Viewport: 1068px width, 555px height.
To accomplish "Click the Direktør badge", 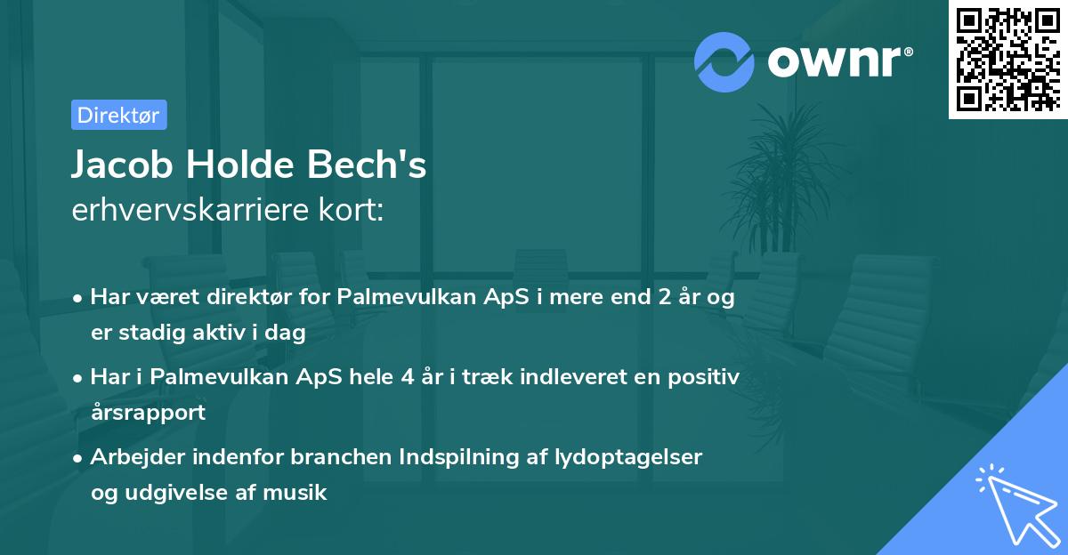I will (118, 115).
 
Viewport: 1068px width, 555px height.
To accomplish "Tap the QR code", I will (1007, 59).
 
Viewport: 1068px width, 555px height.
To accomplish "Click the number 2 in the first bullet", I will (663, 297).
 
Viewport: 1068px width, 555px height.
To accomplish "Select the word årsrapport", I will (148, 412).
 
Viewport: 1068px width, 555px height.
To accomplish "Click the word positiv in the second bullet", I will (706, 377).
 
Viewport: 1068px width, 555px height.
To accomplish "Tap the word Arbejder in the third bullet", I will (133, 457).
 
